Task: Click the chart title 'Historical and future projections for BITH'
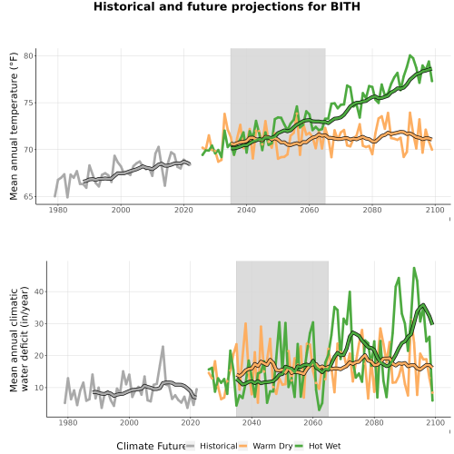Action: pos(227,6)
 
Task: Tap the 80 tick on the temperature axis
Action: pos(28,56)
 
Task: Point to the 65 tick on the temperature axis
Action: pos(28,197)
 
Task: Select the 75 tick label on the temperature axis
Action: pos(28,103)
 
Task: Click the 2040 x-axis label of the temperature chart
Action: pos(246,210)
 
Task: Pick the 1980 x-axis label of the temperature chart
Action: pos(58,210)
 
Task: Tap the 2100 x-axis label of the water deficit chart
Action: pos(435,422)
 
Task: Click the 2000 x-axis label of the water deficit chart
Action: pos(129,422)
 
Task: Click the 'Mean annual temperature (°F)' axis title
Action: pos(14,126)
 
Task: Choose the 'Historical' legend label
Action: pos(219,446)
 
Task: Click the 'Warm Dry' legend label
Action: pos(272,446)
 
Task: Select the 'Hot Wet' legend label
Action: pos(325,446)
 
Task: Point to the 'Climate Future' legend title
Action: pos(151,446)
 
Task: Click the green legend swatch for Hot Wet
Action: pos(299,446)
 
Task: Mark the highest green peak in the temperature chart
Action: pos(410,55)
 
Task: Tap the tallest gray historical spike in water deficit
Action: pos(163,347)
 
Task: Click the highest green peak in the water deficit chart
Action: pos(414,268)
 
